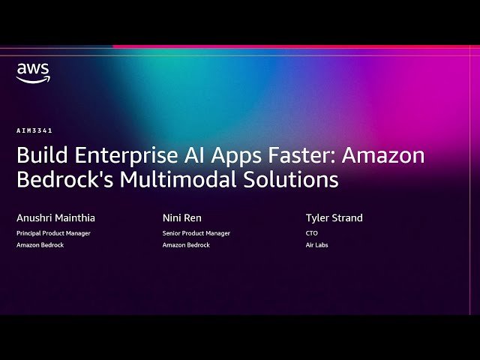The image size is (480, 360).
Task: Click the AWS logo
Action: (x=34, y=73)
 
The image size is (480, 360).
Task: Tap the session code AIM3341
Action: (x=35, y=130)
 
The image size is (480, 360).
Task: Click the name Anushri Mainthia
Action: (x=55, y=218)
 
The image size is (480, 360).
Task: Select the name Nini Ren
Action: (x=182, y=218)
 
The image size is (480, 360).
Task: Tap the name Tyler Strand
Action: (x=334, y=218)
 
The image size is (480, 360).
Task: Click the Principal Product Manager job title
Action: (x=53, y=233)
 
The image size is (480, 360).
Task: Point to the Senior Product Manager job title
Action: (x=196, y=233)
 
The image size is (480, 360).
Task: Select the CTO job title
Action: (x=312, y=233)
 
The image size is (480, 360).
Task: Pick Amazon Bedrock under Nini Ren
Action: (x=187, y=245)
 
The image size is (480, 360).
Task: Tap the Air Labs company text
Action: (x=317, y=245)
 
